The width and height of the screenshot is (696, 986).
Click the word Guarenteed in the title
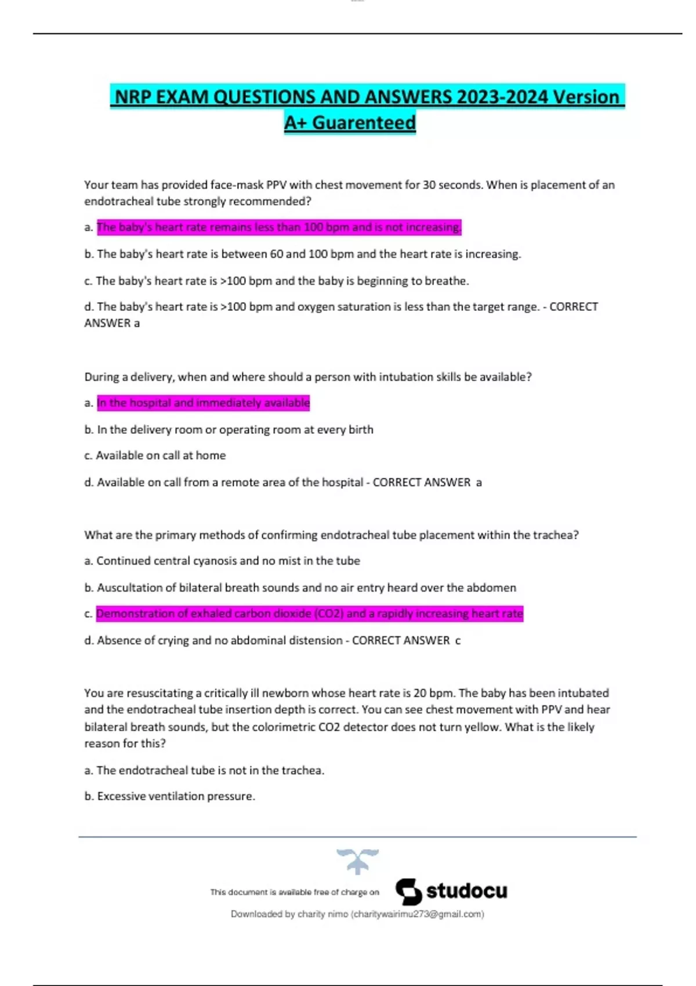(x=364, y=123)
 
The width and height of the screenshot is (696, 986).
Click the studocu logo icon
(x=409, y=891)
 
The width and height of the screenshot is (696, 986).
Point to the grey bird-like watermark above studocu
(x=357, y=860)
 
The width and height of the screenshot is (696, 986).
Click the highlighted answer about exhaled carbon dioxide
(x=310, y=614)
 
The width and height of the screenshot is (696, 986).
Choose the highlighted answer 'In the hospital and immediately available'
(x=203, y=403)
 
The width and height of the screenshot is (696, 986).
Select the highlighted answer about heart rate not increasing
(x=279, y=227)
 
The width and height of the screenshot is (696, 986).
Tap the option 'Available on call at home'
(x=161, y=456)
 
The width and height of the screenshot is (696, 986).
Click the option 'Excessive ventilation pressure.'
(x=176, y=796)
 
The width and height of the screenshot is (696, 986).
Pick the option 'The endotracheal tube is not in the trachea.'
(x=210, y=770)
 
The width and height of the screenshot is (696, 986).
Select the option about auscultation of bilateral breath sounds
(x=306, y=588)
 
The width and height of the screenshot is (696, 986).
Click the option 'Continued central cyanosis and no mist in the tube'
(x=228, y=561)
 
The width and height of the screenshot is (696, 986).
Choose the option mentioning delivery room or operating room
(x=235, y=430)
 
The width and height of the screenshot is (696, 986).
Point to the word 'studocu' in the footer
(x=466, y=891)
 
